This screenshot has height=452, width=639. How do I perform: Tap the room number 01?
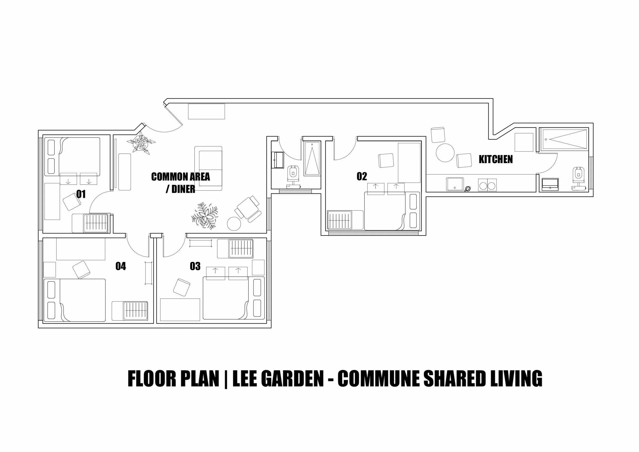click(x=81, y=194)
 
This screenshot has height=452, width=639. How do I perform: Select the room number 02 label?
click(x=362, y=176)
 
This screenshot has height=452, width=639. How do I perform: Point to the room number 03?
click(x=195, y=266)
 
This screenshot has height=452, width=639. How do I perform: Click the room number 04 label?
click(x=121, y=266)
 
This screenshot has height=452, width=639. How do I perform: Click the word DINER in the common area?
click(x=183, y=189)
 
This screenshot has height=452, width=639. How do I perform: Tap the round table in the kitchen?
click(x=445, y=153)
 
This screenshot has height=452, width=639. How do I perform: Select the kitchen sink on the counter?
click(x=455, y=184)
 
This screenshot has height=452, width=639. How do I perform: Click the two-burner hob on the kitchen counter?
click(x=487, y=185)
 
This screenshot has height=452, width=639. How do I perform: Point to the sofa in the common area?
click(x=208, y=168)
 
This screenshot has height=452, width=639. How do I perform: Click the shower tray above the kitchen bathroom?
click(x=564, y=139)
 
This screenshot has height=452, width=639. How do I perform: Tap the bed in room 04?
click(x=75, y=300)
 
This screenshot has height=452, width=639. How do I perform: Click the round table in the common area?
click(x=234, y=224)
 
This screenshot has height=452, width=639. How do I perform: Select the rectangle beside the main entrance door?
click(x=206, y=111)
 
